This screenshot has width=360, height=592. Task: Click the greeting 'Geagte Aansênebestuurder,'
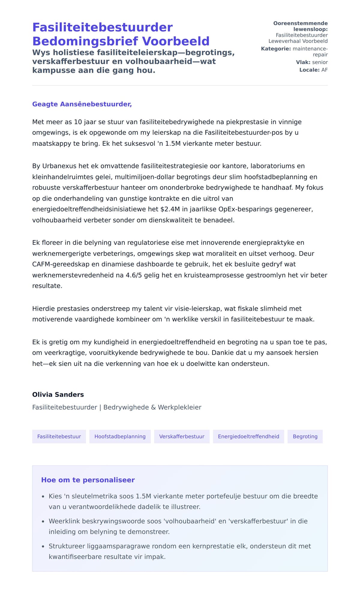tap(82, 104)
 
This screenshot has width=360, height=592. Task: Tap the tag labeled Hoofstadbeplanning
tap(120, 436)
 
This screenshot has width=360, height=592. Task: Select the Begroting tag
tap(305, 436)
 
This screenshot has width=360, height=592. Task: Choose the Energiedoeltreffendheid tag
tap(248, 436)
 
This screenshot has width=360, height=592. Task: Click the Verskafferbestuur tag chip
tap(181, 436)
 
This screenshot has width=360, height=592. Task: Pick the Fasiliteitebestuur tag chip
tap(59, 436)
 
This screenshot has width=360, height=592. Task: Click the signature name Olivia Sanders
tap(58, 394)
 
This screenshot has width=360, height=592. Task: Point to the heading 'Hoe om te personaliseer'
tap(88, 480)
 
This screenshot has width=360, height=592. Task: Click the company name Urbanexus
tap(57, 166)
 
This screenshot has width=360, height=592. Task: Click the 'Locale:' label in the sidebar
tap(309, 70)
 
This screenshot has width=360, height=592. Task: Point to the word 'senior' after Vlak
tap(320, 62)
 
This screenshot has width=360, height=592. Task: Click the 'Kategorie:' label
tap(276, 49)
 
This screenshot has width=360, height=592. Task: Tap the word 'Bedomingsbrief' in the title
tap(85, 41)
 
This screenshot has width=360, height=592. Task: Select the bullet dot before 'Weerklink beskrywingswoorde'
tap(43, 522)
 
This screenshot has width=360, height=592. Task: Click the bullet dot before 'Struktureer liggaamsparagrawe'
tap(43, 546)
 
